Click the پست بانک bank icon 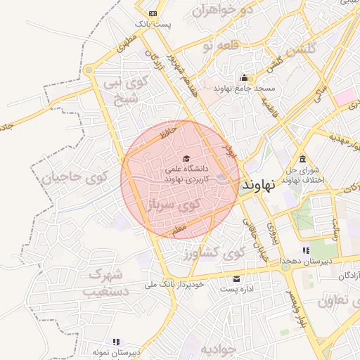coord(153,13)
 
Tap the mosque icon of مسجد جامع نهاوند coord(245,77)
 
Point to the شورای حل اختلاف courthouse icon coord(302,158)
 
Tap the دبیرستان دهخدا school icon coord(306,250)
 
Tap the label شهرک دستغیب coord(106,281)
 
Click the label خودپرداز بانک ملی coord(174,285)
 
